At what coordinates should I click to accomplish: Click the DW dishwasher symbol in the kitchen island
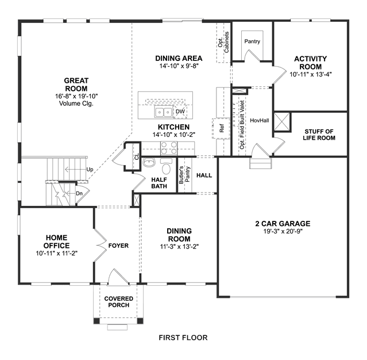180,112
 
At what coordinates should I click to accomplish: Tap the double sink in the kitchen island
163,112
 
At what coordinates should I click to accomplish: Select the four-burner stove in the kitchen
169,148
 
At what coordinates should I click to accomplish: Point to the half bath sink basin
149,162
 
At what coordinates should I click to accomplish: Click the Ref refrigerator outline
221,128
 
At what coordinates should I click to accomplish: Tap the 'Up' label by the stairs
90,170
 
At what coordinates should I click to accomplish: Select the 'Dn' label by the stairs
79,194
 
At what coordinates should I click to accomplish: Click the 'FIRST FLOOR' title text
183,338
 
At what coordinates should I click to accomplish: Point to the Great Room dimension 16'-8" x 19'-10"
76,96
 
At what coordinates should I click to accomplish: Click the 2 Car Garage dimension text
283,231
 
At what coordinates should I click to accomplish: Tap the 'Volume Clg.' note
76,104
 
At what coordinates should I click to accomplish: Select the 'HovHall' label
260,120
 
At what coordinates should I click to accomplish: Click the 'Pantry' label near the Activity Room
252,41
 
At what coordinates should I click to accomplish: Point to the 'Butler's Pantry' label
184,175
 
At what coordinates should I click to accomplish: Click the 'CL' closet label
137,156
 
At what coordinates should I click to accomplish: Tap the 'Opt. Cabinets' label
223,42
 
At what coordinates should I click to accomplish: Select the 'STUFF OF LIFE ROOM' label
319,135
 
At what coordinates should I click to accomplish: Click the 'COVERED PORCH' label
119,302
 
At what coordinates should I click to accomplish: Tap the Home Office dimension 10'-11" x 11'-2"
57,254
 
